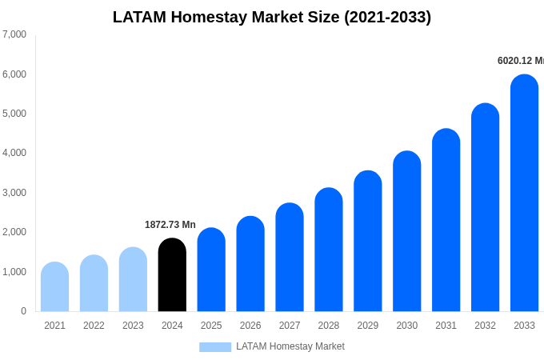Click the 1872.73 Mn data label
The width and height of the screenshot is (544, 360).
pos(170,225)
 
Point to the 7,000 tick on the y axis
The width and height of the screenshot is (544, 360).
pos(14,34)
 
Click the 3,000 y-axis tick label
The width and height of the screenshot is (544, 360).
pos(14,193)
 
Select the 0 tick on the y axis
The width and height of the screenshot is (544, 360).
pos(23,311)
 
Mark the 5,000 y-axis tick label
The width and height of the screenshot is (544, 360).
pos(14,114)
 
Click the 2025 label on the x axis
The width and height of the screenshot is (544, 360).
pos(211,326)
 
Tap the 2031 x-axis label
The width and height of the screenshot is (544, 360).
pos(446,326)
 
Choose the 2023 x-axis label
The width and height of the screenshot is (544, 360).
pos(133,326)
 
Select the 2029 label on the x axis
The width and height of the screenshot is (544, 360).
pos(368,326)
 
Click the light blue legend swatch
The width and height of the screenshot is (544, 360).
pos(215,347)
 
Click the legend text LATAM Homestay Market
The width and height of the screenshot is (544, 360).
pos(290,346)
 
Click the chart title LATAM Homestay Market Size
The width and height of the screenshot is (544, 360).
pos(272,17)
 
